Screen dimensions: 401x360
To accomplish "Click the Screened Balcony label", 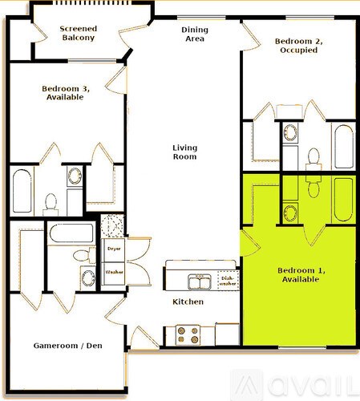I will point(79,33).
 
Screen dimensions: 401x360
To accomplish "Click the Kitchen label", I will point(188,302).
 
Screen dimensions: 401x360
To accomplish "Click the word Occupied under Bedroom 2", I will point(297,50).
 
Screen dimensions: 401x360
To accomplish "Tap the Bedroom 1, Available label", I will point(298,275).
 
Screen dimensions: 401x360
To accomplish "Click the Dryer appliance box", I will point(113,249).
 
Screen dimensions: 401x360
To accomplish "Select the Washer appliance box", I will point(113,273).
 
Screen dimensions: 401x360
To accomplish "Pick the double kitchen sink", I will point(198,282).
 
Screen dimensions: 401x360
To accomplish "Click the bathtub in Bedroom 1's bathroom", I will point(343,198).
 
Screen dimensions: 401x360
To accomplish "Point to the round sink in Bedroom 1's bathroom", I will point(289,212).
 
